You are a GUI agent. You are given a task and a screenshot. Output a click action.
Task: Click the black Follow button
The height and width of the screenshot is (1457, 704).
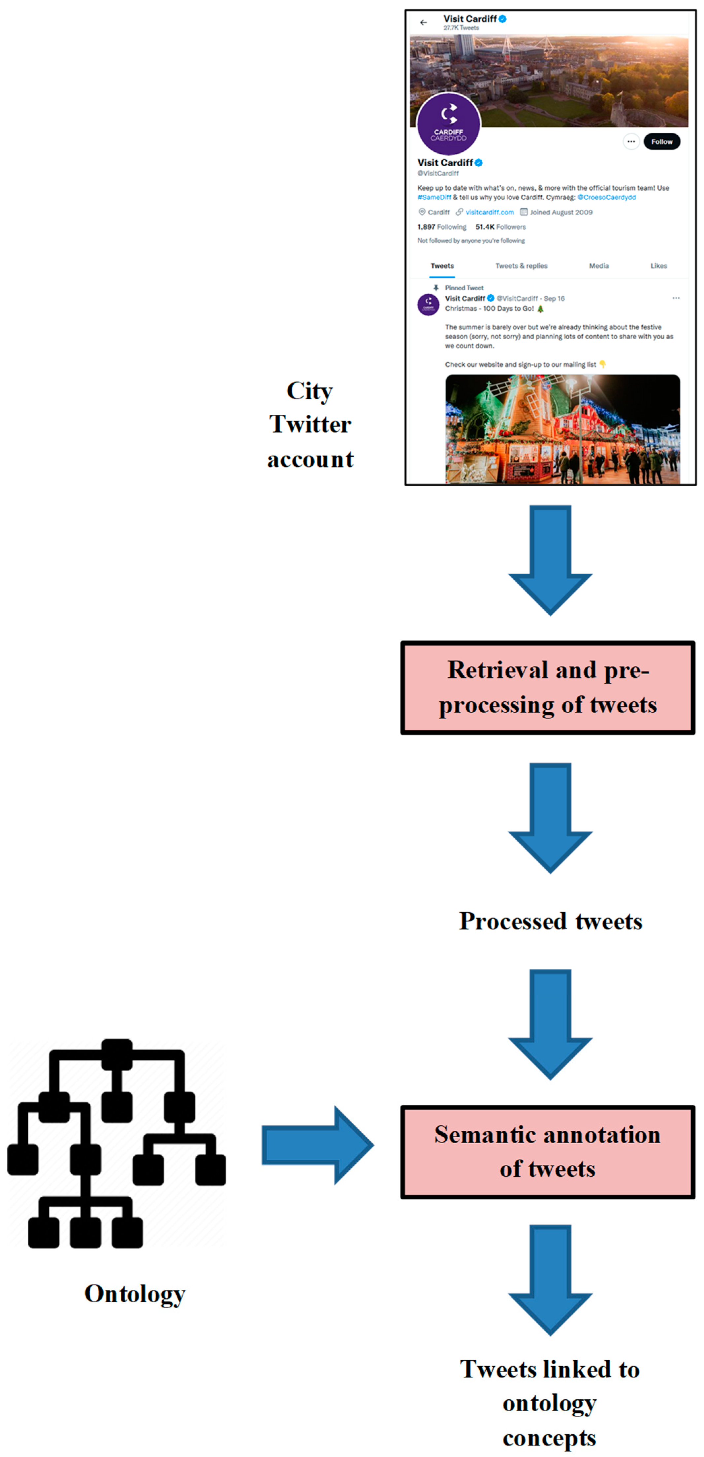pos(661,142)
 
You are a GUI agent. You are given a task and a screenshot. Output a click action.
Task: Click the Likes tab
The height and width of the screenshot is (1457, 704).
pos(658,266)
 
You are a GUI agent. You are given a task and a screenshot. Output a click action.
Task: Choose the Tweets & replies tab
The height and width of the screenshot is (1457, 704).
pos(521,266)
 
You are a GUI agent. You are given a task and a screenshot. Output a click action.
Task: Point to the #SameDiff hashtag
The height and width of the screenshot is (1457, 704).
pos(434,197)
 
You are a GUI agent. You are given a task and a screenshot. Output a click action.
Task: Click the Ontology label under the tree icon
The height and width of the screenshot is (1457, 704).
pos(135,1294)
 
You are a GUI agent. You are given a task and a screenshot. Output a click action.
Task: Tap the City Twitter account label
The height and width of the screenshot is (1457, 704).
pos(310,424)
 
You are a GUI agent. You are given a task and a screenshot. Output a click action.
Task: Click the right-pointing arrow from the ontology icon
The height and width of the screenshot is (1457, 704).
pos(317,1145)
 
